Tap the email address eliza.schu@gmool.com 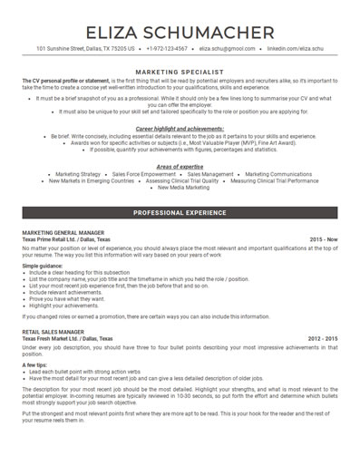(x=227, y=48)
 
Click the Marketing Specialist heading (x=180, y=70)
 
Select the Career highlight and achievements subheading (x=180, y=130)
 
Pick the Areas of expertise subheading (x=180, y=167)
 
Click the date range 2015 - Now (x=323, y=239)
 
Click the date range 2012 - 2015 (x=322, y=338)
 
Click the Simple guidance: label (x=43, y=266)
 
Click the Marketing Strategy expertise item (x=78, y=175)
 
